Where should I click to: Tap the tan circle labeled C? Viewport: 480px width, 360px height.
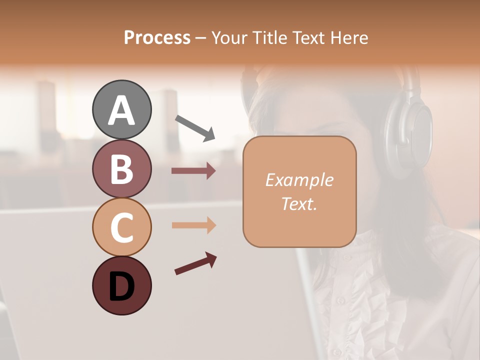[121, 227]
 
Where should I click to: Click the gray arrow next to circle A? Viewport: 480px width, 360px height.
[195, 127]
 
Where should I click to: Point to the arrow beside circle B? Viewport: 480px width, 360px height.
[194, 171]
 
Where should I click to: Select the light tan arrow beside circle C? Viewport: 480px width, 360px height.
[194, 225]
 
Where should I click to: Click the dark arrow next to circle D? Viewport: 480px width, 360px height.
[195, 263]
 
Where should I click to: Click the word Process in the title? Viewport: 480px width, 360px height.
[157, 37]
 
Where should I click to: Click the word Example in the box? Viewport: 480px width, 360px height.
[299, 180]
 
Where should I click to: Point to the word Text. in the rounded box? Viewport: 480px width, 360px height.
[299, 203]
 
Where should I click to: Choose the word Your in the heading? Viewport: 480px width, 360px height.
[229, 37]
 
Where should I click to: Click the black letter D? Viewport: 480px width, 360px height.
[121, 286]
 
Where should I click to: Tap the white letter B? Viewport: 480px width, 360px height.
[121, 169]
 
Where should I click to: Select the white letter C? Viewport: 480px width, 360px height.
[121, 227]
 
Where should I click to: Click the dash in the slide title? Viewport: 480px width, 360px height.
[201, 38]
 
